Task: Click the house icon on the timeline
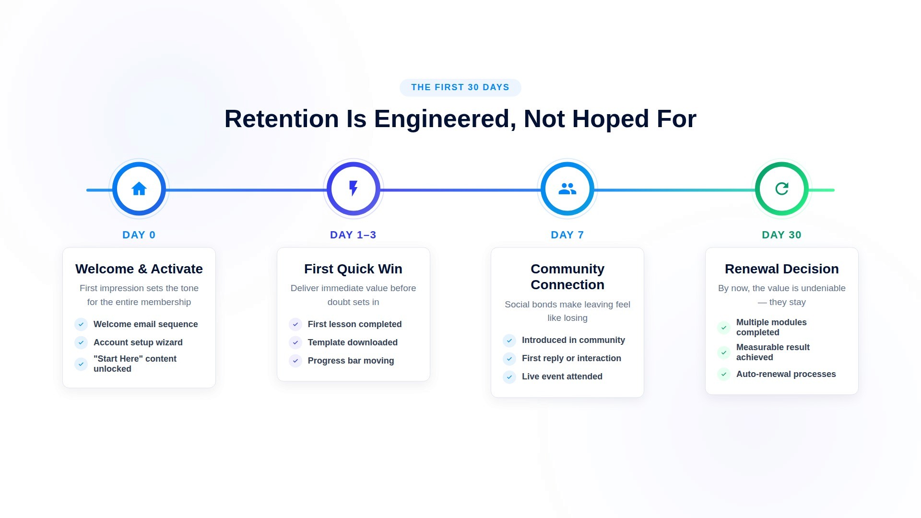[x=139, y=189]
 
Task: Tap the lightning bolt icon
[x=354, y=188]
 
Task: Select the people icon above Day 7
[x=567, y=189]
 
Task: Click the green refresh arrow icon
[x=782, y=189]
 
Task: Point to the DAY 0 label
[x=139, y=235]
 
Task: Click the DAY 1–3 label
[x=353, y=235]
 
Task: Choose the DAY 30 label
[x=781, y=235]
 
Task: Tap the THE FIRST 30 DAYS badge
[x=460, y=87]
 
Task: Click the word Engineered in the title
[x=445, y=119]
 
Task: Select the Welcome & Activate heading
[x=139, y=269]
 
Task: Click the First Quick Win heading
[x=353, y=269]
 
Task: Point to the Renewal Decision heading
[x=781, y=269]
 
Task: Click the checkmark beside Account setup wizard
[x=81, y=342]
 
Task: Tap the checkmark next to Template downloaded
[x=295, y=342]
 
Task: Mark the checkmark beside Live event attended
[x=509, y=377]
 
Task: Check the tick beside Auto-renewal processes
[x=724, y=375]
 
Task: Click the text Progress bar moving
[x=351, y=361]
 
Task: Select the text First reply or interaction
[x=571, y=358]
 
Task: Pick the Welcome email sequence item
[x=145, y=324]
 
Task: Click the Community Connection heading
[x=567, y=277]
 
